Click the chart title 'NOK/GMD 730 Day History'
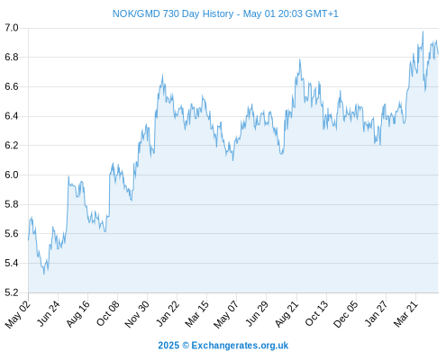(x=173, y=13)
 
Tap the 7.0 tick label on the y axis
(x=12, y=28)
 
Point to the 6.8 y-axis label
(x=12, y=57)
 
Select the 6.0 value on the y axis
(x=12, y=175)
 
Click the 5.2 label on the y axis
(x=12, y=292)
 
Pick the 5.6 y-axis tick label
(x=12, y=233)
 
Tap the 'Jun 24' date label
(x=48, y=313)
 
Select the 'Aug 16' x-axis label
(x=77, y=313)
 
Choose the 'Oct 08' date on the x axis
(x=107, y=313)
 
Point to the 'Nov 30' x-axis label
(x=137, y=313)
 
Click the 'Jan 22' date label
(x=168, y=313)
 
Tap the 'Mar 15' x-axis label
(x=196, y=313)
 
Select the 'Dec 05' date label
(x=345, y=314)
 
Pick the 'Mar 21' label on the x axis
(x=405, y=313)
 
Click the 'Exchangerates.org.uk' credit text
(x=240, y=346)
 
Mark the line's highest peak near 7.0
(x=423, y=31)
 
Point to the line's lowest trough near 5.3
(x=44, y=274)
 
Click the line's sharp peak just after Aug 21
(x=300, y=59)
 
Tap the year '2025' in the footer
(x=168, y=346)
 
